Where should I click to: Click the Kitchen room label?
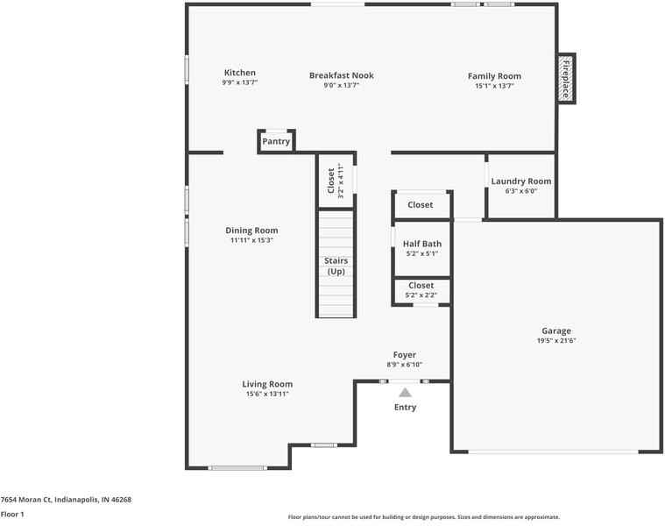tap(239, 73)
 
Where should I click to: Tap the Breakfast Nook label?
tap(342, 75)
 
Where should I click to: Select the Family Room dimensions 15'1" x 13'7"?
tap(494, 86)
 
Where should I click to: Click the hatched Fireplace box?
tap(565, 79)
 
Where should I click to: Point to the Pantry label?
tap(276, 142)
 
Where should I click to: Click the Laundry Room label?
tap(521, 181)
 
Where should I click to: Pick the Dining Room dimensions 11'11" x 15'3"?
tap(251, 240)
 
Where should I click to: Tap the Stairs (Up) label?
tap(336, 266)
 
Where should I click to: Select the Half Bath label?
tap(422, 244)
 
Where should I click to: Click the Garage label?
tap(556, 331)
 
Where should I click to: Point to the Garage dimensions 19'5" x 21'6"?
tap(556, 341)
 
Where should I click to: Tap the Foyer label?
tap(404, 355)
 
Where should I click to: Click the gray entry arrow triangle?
tap(406, 393)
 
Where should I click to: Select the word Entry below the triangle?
tap(405, 408)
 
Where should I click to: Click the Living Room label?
tap(267, 384)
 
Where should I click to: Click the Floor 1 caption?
tap(12, 515)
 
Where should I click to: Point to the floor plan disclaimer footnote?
tap(424, 517)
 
